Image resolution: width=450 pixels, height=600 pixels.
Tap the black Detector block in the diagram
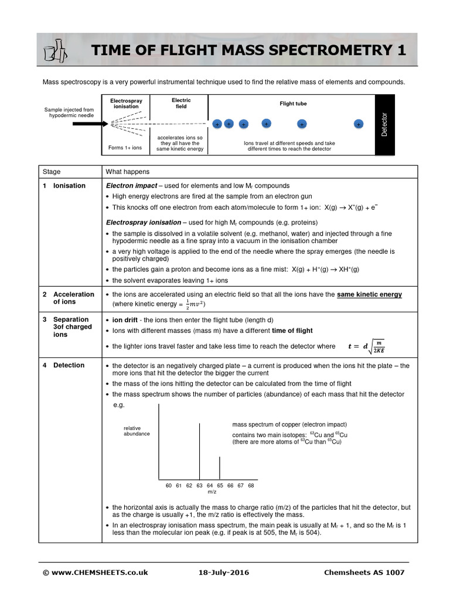click(x=384, y=125)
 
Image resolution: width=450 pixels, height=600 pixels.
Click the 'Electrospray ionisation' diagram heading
click(x=126, y=104)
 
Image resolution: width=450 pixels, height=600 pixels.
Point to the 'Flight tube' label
click(x=293, y=104)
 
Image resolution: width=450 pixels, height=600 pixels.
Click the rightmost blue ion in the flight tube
click(x=359, y=124)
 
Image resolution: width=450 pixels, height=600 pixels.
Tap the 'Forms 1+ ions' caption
click(x=125, y=148)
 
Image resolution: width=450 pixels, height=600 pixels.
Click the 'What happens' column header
click(x=127, y=172)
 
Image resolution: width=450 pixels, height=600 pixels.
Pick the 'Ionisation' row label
click(x=69, y=186)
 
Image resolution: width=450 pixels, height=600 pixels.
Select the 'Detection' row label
click(x=69, y=365)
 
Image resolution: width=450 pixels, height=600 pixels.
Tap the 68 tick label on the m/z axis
click(x=251, y=486)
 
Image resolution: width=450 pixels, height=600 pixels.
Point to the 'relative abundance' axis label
click(x=137, y=431)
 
